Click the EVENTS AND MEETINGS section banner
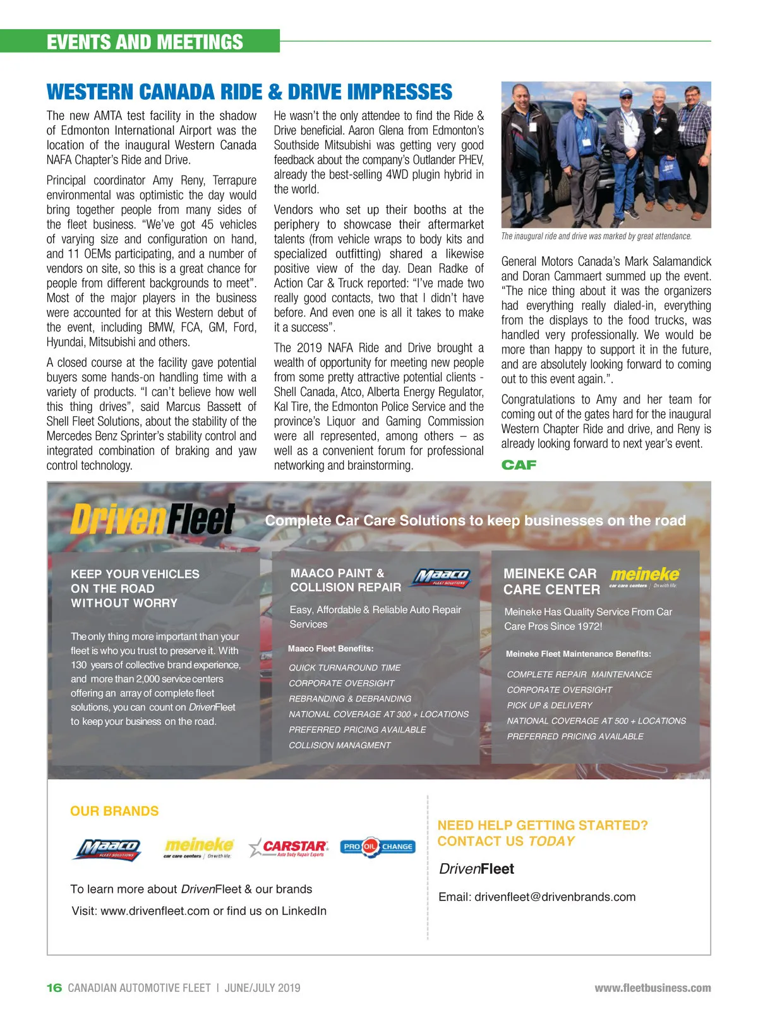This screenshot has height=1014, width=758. point(145,42)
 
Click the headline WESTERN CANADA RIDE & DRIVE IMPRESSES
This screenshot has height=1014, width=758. point(250,92)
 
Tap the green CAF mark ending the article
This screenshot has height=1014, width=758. point(519,465)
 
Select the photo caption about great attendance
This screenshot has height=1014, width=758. point(596,236)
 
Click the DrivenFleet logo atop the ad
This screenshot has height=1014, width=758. point(152,520)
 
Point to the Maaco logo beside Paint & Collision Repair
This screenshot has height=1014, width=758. point(442,577)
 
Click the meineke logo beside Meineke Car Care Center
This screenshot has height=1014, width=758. point(644,576)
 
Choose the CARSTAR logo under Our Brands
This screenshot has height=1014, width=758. point(289,847)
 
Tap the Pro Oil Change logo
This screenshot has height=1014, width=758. point(378,847)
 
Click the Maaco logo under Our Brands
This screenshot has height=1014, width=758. point(108,849)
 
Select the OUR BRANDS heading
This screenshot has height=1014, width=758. point(114,811)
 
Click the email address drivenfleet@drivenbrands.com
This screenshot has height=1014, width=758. point(555,897)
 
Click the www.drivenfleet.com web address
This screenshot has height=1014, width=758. point(155,911)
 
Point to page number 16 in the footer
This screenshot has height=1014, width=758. point(54,988)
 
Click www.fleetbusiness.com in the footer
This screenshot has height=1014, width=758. point(653,988)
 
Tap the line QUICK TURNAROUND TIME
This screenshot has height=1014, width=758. point(345,668)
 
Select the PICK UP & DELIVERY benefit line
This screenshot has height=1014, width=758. point(550,705)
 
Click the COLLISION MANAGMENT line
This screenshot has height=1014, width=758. point(340,746)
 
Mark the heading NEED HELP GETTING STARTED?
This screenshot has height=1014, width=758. point(543,825)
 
